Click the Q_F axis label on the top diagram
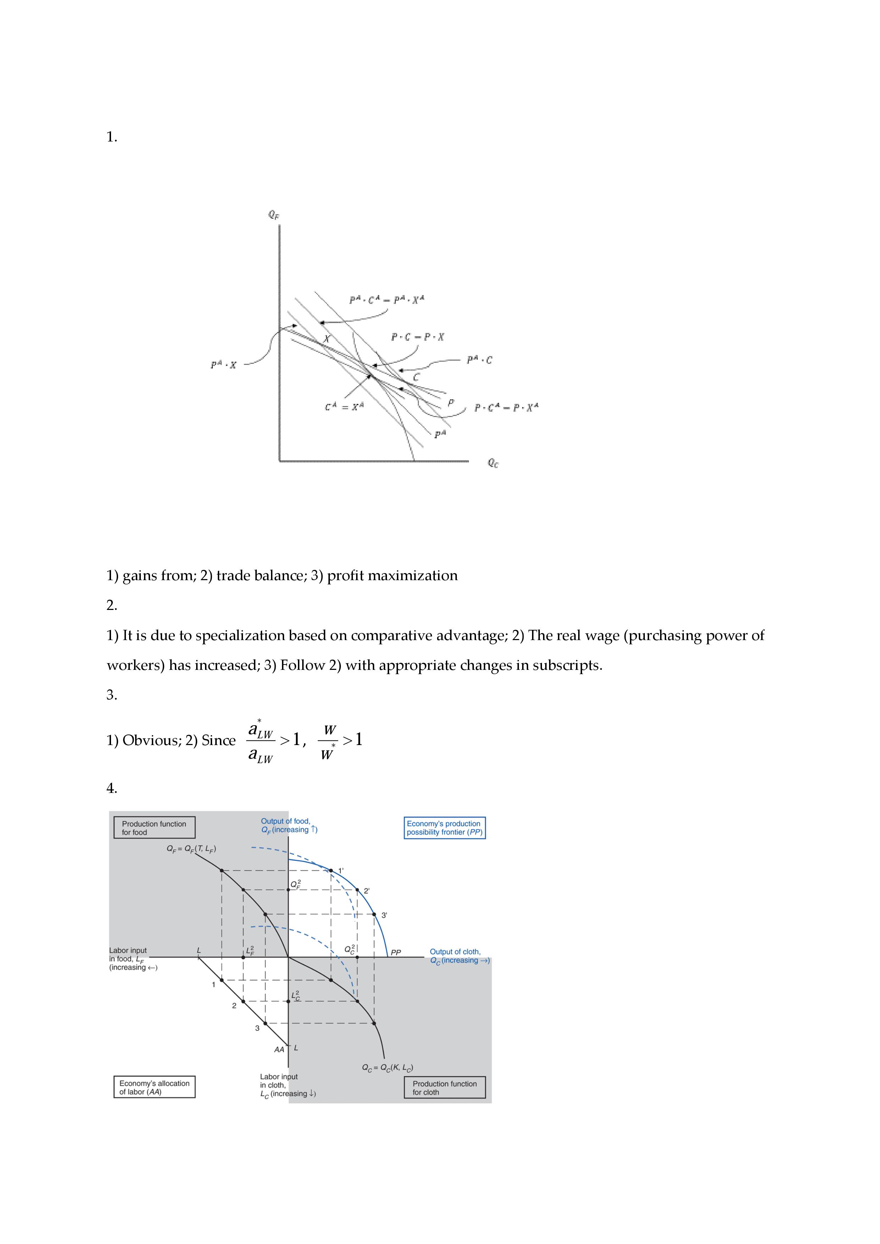pos(273,215)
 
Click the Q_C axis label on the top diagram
pos(493,463)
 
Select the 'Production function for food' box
pos(154,828)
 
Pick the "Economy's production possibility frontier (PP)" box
pos(444,828)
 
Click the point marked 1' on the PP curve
pos(331,871)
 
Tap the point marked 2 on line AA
pos(243,1002)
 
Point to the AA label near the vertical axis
pos(279,1049)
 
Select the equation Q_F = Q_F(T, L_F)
pos(191,849)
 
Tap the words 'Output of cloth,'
pos(455,951)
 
